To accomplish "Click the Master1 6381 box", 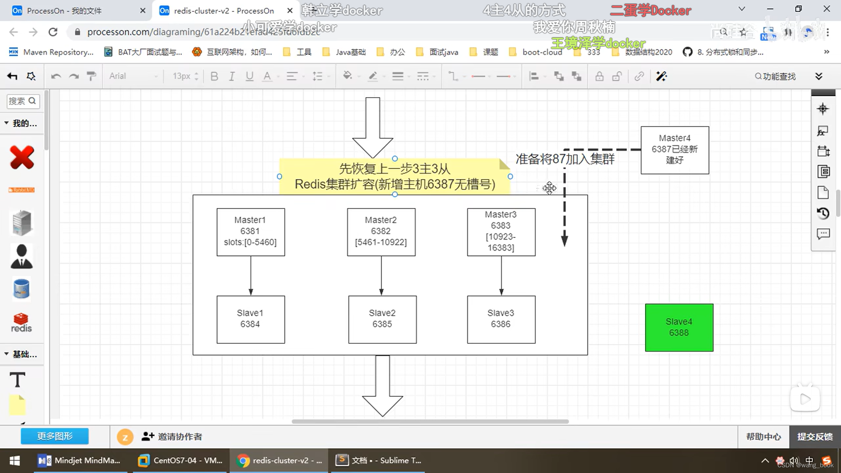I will click(x=251, y=232).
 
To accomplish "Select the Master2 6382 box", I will click(x=381, y=232).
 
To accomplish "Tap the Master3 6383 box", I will click(x=501, y=232).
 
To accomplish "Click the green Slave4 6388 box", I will click(x=679, y=328).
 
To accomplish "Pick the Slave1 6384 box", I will click(x=251, y=319).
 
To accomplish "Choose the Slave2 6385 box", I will click(x=382, y=319).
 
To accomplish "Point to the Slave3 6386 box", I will click(x=501, y=319).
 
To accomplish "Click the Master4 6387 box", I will click(x=675, y=150).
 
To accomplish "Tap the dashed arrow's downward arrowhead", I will click(x=565, y=240).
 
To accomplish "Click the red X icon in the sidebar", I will click(x=22, y=158).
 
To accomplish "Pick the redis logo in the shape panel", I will click(x=21, y=323).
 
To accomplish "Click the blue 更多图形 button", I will click(x=55, y=436).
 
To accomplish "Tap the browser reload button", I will click(x=53, y=32).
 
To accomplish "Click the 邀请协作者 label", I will click(x=180, y=437).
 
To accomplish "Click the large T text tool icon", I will click(x=18, y=380).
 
